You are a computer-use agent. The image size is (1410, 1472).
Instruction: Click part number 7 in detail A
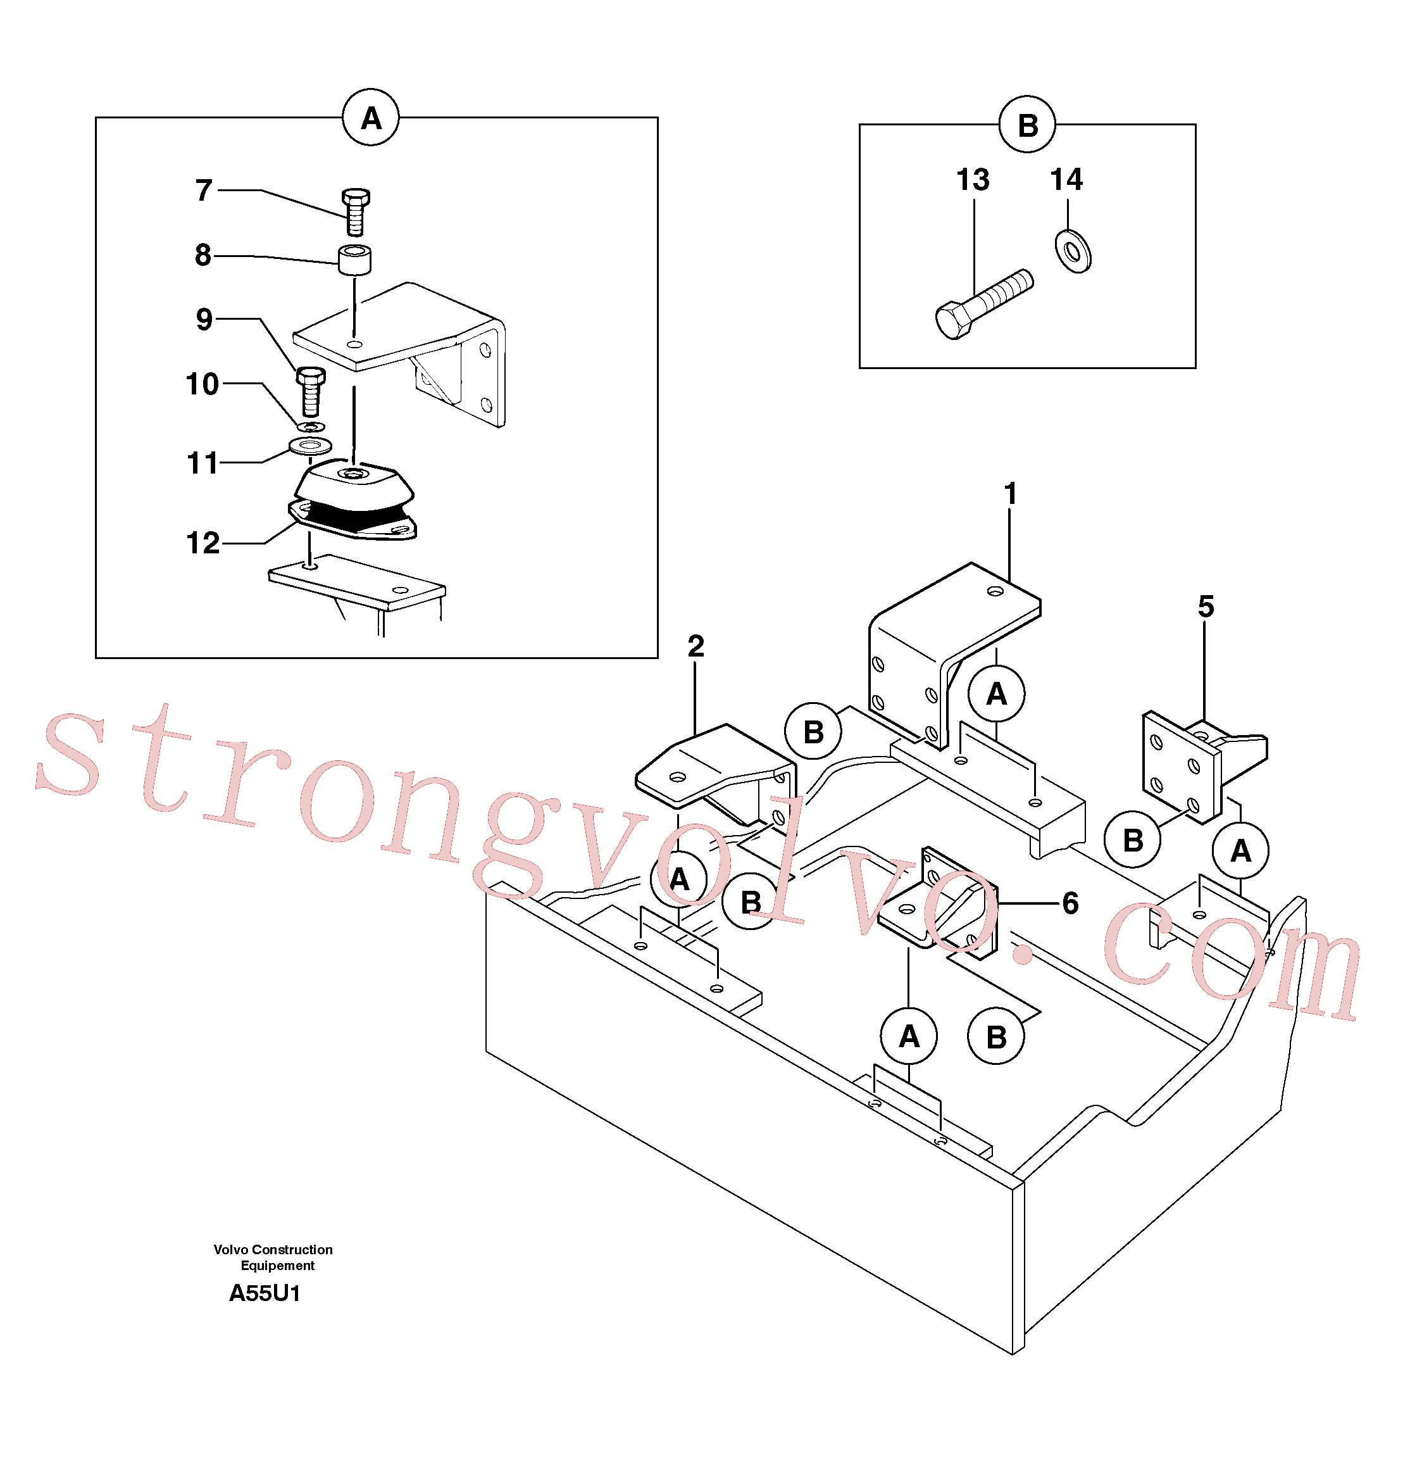pos(204,190)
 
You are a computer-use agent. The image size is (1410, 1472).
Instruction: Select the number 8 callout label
pos(203,255)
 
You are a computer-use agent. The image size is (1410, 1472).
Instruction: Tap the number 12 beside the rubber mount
pos(203,542)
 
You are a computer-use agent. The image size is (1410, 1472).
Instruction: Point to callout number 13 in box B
pos(973,180)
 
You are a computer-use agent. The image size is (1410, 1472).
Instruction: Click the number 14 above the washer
pos(1066,180)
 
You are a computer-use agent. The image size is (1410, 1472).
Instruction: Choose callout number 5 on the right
pos(1206,606)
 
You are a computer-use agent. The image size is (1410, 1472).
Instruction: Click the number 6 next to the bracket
pos(1071,903)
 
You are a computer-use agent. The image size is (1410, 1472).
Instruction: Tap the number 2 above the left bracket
pos(696,646)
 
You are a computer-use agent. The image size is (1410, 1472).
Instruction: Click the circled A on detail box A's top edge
pos(371,118)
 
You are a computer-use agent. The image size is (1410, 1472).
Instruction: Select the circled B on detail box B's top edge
pos(1027,125)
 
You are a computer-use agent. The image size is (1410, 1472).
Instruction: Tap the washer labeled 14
pos(1073,251)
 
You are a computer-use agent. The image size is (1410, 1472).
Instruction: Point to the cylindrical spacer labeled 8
pos(354,259)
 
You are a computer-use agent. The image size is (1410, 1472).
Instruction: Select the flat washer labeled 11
pos(310,447)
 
